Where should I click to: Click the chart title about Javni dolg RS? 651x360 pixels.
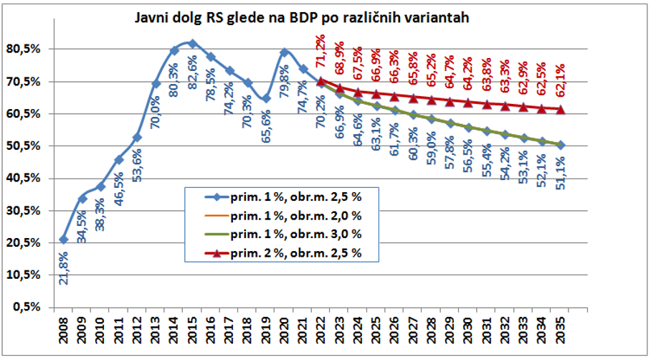click(x=302, y=18)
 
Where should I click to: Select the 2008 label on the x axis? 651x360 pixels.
click(x=63, y=334)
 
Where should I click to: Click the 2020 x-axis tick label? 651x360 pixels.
click(x=285, y=334)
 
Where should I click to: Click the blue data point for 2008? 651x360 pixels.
click(x=63, y=240)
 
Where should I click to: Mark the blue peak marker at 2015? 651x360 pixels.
click(x=192, y=44)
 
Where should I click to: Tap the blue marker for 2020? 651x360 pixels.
click(x=285, y=52)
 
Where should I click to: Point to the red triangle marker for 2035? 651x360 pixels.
click(x=561, y=109)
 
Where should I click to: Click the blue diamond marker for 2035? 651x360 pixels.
click(x=561, y=145)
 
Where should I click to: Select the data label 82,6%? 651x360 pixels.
click(x=192, y=67)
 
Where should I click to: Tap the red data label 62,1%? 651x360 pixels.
click(x=561, y=85)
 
